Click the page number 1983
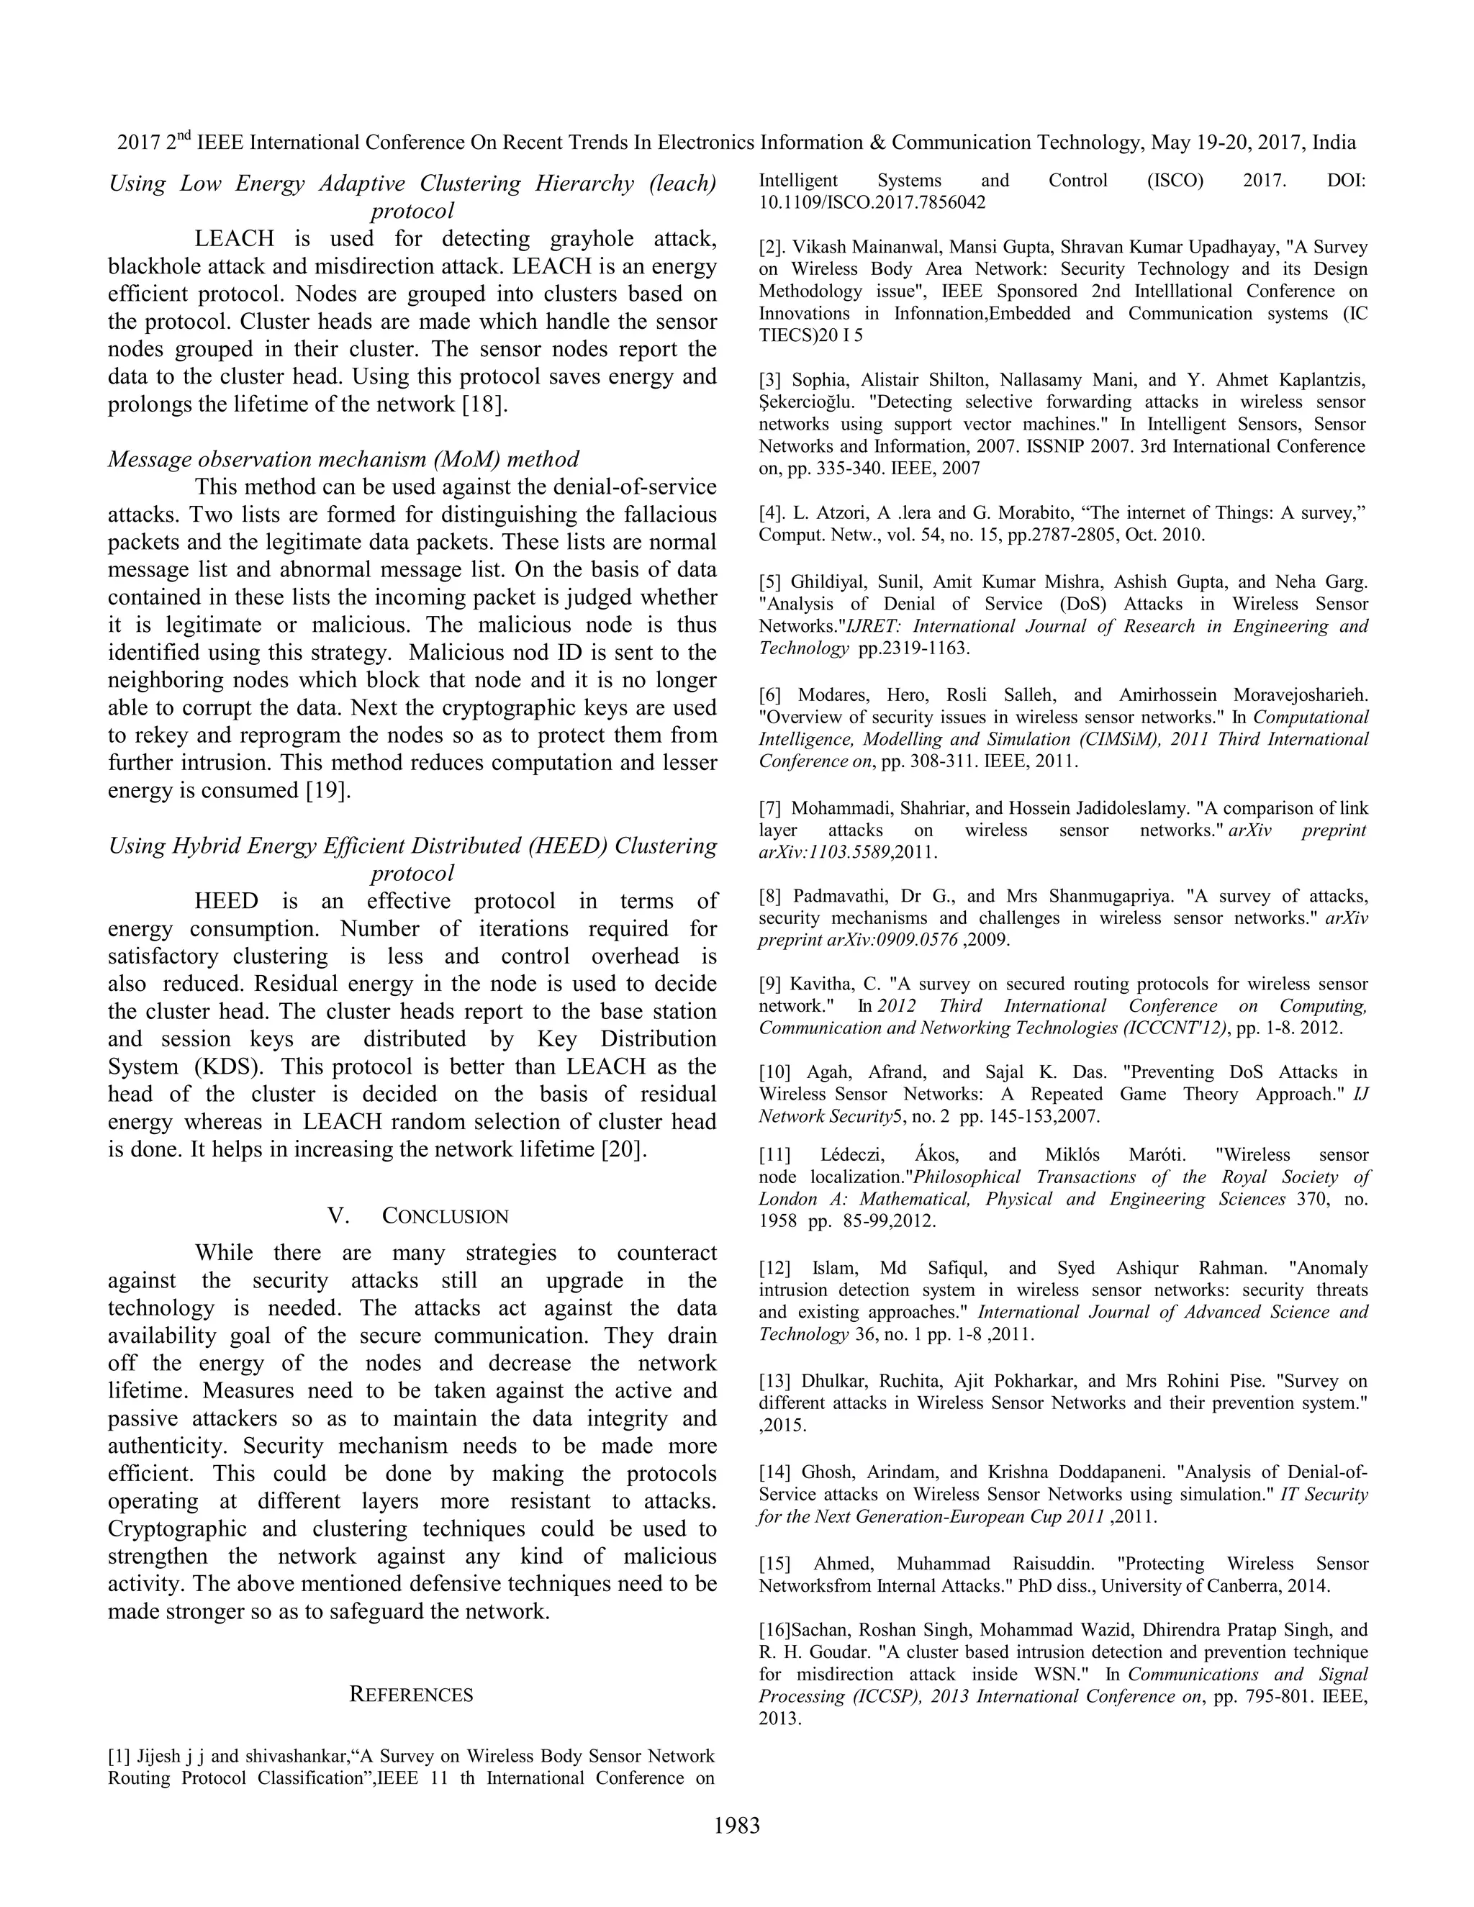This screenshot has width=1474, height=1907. coord(737,1826)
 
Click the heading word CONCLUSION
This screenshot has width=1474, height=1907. coord(446,1216)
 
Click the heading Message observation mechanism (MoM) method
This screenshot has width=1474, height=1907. coord(343,459)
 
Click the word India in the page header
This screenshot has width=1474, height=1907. coord(1334,142)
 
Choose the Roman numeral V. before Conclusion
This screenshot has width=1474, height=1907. coord(339,1216)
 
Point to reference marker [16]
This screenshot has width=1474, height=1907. coord(774,1630)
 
